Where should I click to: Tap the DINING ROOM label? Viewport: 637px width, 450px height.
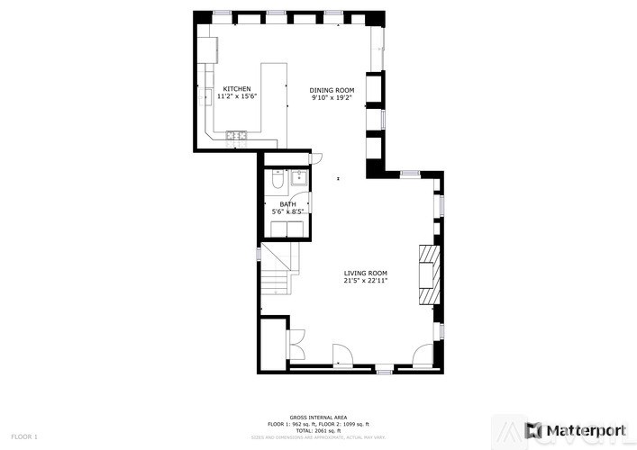tap(332, 90)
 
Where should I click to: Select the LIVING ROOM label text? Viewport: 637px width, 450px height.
tap(365, 273)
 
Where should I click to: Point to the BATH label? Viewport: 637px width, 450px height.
tap(287, 204)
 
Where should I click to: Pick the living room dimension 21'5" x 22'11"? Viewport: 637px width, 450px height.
tap(365, 280)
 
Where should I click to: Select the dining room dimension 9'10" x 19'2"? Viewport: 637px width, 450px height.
tap(332, 97)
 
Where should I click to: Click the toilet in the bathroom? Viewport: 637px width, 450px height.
tap(278, 182)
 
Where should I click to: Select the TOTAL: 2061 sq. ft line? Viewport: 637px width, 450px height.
tap(317, 429)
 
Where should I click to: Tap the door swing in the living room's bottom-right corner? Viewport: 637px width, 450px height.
tap(423, 355)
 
